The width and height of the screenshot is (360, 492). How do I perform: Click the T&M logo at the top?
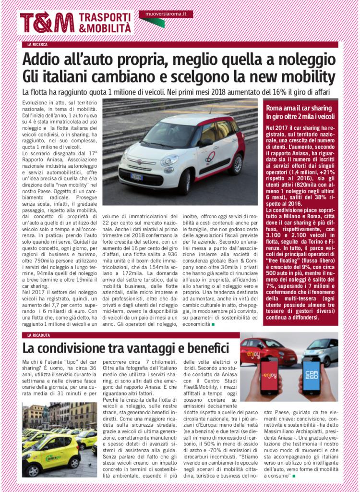(x=47, y=22)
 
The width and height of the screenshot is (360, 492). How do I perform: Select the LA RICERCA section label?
(x=37, y=45)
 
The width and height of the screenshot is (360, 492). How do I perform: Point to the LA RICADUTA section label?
(x=39, y=335)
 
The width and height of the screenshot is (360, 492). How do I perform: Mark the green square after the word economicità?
(x=213, y=324)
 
